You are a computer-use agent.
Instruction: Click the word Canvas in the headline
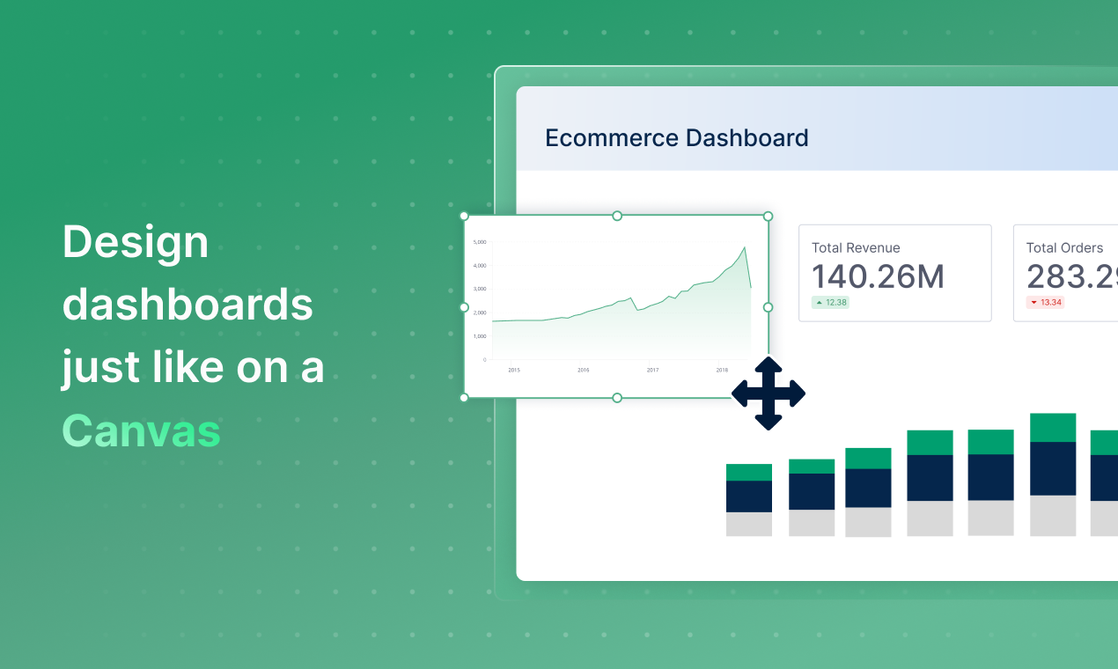click(141, 430)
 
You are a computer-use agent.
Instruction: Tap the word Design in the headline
click(136, 243)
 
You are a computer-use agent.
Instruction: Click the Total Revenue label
click(856, 248)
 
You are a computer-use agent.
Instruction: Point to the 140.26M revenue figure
click(877, 277)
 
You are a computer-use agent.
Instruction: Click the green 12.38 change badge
click(830, 303)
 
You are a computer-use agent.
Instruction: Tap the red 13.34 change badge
click(1046, 303)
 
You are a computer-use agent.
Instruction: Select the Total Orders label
click(1064, 248)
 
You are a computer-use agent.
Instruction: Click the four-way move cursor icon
click(769, 393)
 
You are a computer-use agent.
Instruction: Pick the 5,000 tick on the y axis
click(480, 241)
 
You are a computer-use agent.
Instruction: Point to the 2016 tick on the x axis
click(583, 370)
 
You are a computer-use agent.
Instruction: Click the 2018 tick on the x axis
click(722, 370)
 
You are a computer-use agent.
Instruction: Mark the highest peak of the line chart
click(745, 247)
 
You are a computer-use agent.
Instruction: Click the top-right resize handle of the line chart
click(768, 216)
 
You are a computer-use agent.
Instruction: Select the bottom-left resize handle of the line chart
click(465, 398)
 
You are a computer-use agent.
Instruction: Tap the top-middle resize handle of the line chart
click(616, 216)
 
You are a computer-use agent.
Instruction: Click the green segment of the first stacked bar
click(749, 473)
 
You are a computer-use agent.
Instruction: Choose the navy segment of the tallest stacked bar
click(1053, 468)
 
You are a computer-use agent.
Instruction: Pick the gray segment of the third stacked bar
click(868, 522)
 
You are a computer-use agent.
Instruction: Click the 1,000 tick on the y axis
click(480, 336)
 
